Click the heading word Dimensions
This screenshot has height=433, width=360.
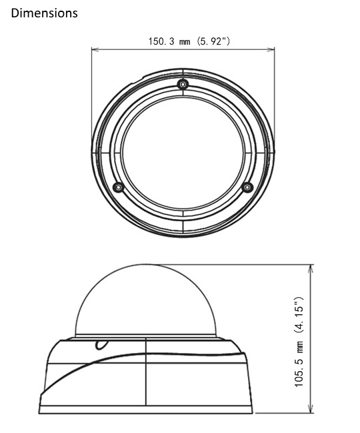click(45, 13)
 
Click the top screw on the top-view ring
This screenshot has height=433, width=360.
click(183, 85)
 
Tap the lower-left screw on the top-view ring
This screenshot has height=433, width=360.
click(118, 187)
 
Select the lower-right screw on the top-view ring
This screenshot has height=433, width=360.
click(247, 187)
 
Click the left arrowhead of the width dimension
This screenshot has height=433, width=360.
click(94, 49)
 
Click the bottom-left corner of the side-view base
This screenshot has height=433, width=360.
click(42, 412)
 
